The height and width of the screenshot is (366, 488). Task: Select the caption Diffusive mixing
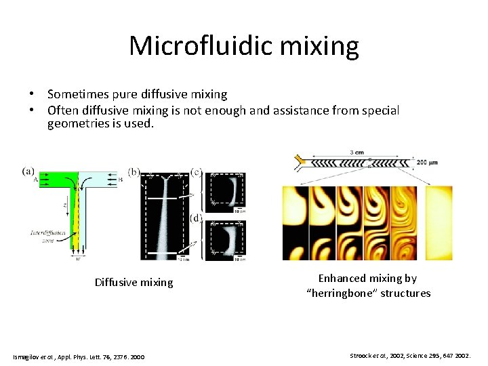point(134,283)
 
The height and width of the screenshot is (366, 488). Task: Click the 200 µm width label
point(431,162)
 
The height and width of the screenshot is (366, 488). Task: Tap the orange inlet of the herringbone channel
point(299,161)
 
